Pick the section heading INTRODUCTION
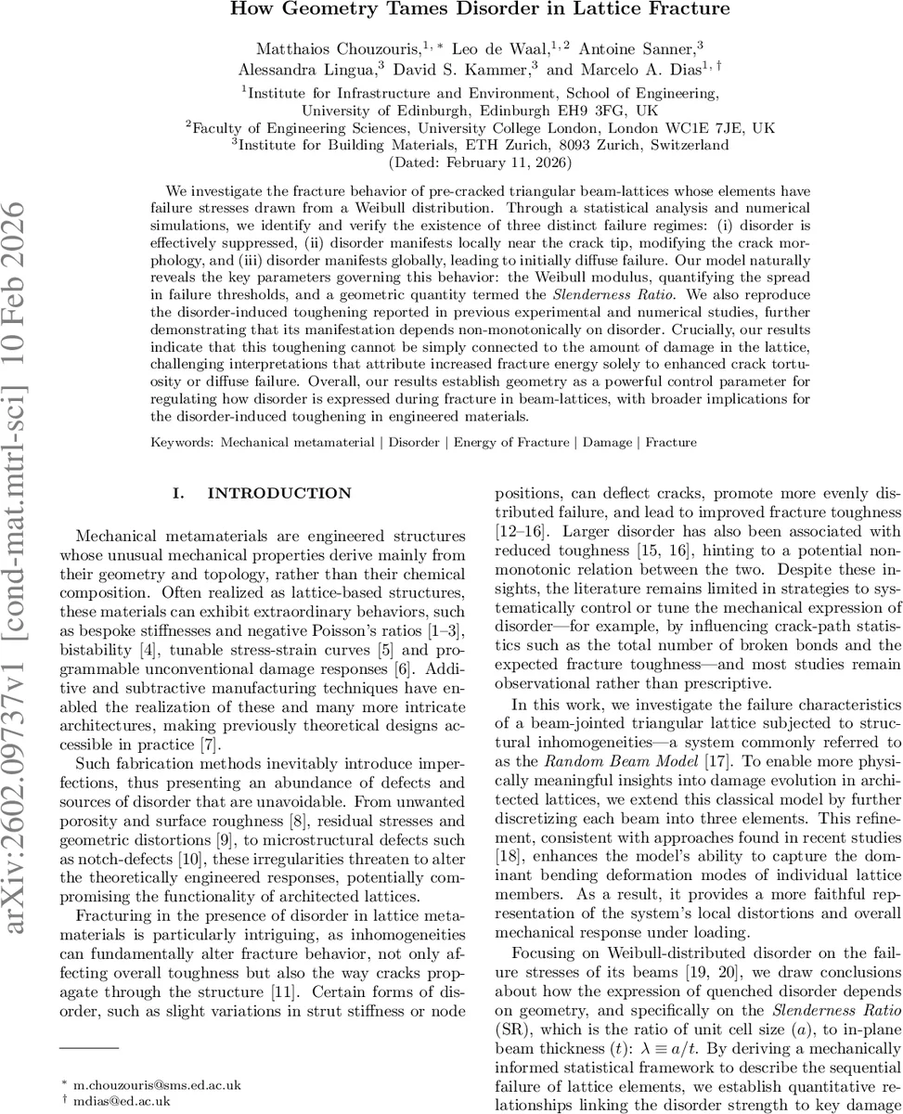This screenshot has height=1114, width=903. pyautogui.click(x=279, y=493)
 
